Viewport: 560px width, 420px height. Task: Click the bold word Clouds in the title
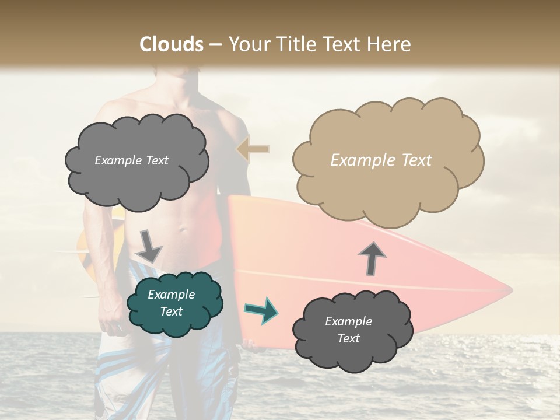pyautogui.click(x=171, y=44)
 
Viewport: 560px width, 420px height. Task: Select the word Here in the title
pyautogui.click(x=390, y=44)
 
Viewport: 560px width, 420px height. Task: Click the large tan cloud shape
pyautogui.click(x=387, y=160)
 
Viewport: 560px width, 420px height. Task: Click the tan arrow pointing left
pyautogui.click(x=253, y=149)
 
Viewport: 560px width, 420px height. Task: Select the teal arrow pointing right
pyautogui.click(x=261, y=310)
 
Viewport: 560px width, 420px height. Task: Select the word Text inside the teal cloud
pyautogui.click(x=171, y=311)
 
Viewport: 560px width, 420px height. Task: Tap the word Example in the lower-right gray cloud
pyautogui.click(x=348, y=321)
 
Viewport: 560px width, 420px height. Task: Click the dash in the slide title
pyautogui.click(x=215, y=44)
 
